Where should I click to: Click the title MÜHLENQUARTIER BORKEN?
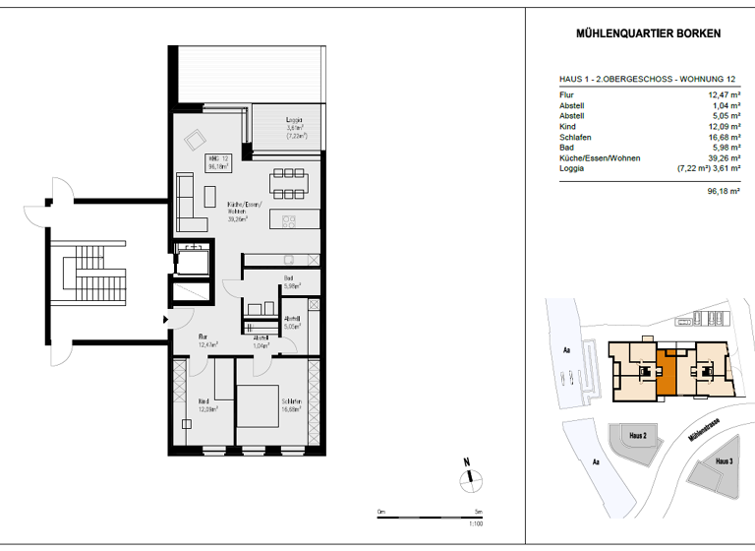point(647,33)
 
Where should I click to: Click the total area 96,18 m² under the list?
point(722,192)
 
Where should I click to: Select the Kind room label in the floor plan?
point(204,400)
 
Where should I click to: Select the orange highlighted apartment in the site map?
point(668,371)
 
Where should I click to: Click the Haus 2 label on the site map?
point(637,435)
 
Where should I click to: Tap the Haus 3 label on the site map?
point(723,461)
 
